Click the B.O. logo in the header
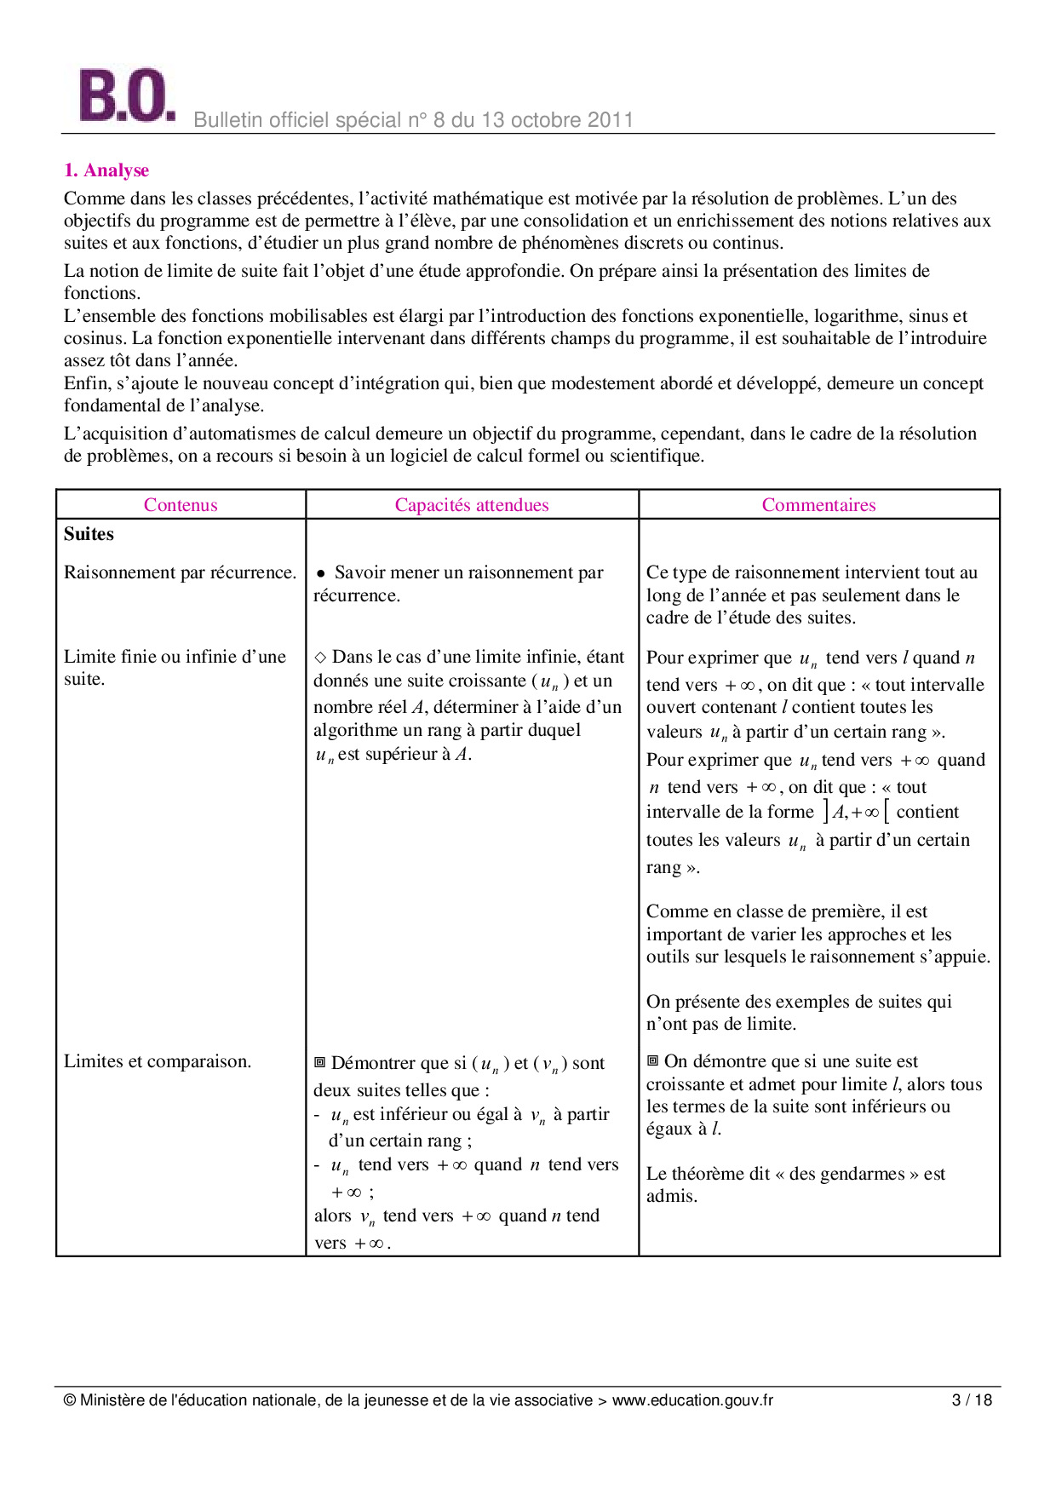[126, 95]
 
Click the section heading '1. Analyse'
[106, 170]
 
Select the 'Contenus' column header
[181, 505]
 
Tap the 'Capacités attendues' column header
[472, 505]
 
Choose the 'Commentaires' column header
[818, 505]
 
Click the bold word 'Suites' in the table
[89, 534]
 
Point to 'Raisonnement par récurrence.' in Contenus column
[180, 572]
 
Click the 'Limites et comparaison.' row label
[158, 1061]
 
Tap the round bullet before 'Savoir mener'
[321, 574]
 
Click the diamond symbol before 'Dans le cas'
[320, 657]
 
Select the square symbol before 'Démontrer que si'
[320, 1062]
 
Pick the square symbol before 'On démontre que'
[653, 1061]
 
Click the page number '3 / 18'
[972, 1399]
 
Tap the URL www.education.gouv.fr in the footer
[692, 1399]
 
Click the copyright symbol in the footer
[70, 1399]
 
